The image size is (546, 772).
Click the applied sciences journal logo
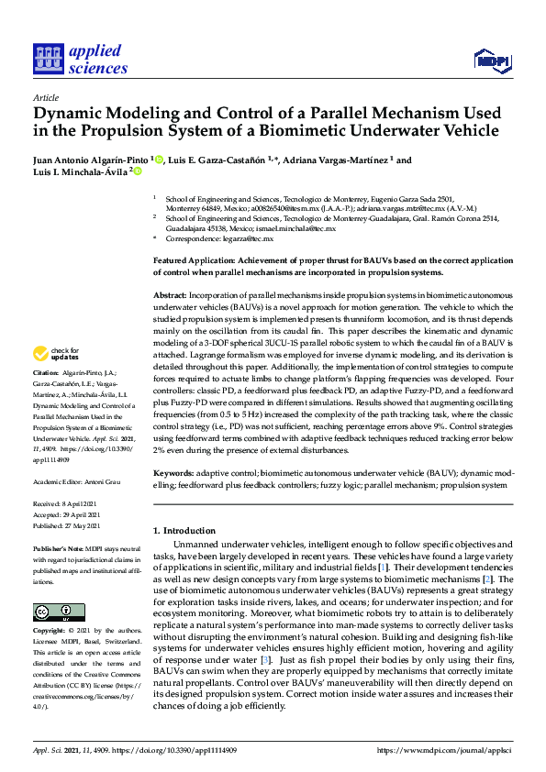click(80, 57)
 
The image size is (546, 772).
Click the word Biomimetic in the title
click(340, 130)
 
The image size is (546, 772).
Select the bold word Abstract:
click(172, 292)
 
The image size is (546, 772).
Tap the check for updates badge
click(56, 353)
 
